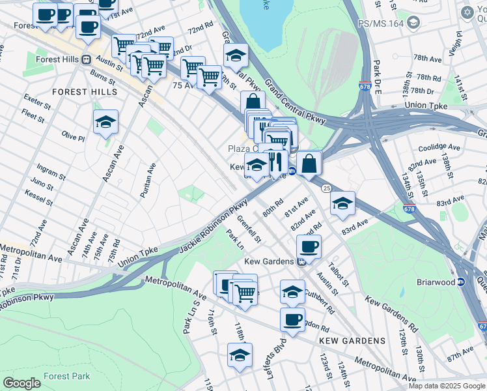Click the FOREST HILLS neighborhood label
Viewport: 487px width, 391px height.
[79, 92]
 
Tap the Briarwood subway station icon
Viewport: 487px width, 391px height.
[461, 282]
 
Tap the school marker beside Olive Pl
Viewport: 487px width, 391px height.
[105, 123]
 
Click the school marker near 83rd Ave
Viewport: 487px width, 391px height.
[342, 204]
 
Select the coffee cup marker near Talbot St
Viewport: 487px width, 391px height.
[309, 246]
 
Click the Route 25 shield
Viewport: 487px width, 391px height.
[326, 188]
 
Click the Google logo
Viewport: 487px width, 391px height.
[21, 383]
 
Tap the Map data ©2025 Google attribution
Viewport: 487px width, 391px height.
[447, 386]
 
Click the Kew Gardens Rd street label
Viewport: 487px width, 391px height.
[391, 311]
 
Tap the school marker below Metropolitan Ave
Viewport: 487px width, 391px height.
[240, 355]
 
